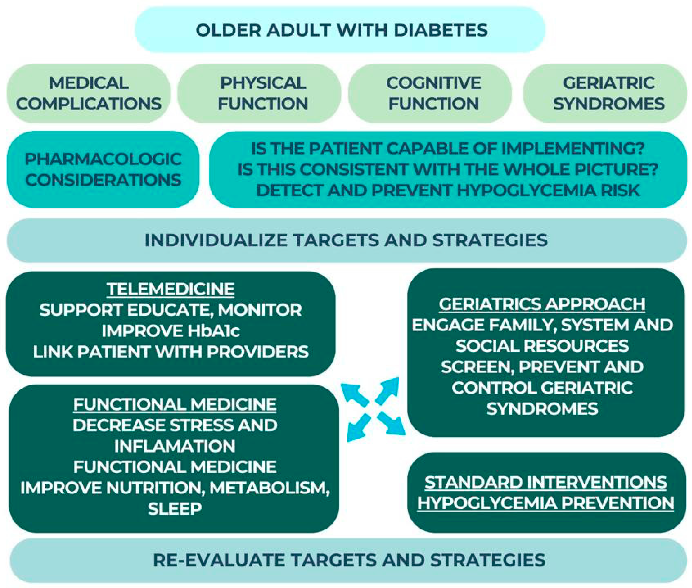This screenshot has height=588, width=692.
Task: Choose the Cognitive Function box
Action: pyautogui.click(x=433, y=93)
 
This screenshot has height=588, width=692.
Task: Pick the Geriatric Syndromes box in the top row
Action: pyautogui.click(x=608, y=93)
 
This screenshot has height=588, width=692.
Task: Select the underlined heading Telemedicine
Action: pyautogui.click(x=171, y=289)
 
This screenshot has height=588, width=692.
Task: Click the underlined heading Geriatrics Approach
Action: pyautogui.click(x=542, y=304)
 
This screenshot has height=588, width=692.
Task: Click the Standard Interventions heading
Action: pyautogui.click(x=546, y=482)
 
